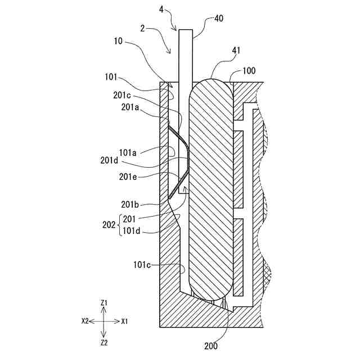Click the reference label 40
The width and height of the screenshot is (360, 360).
(x=218, y=19)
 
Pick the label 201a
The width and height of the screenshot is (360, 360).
(x=130, y=107)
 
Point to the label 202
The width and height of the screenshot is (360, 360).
(x=110, y=224)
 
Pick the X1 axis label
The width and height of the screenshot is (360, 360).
(x=124, y=321)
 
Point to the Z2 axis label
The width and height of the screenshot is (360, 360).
(x=104, y=341)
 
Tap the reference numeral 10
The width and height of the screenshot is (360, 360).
(x=118, y=40)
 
